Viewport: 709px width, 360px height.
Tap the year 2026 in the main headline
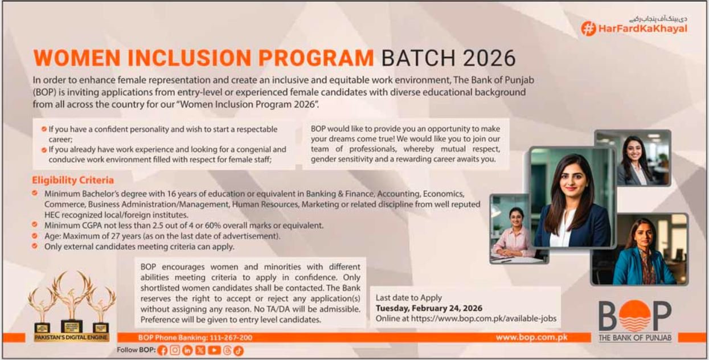point(489,59)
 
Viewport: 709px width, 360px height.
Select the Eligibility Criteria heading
point(73,181)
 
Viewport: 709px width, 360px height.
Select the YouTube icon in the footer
point(214,350)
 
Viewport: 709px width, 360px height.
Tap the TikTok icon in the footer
point(239,350)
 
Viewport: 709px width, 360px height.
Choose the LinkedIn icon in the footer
point(188,350)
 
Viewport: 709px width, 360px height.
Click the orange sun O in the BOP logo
point(634,317)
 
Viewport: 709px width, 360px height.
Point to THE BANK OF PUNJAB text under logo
point(634,339)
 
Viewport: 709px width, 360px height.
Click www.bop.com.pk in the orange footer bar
point(531,337)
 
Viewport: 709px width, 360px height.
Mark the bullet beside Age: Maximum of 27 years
point(35,235)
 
